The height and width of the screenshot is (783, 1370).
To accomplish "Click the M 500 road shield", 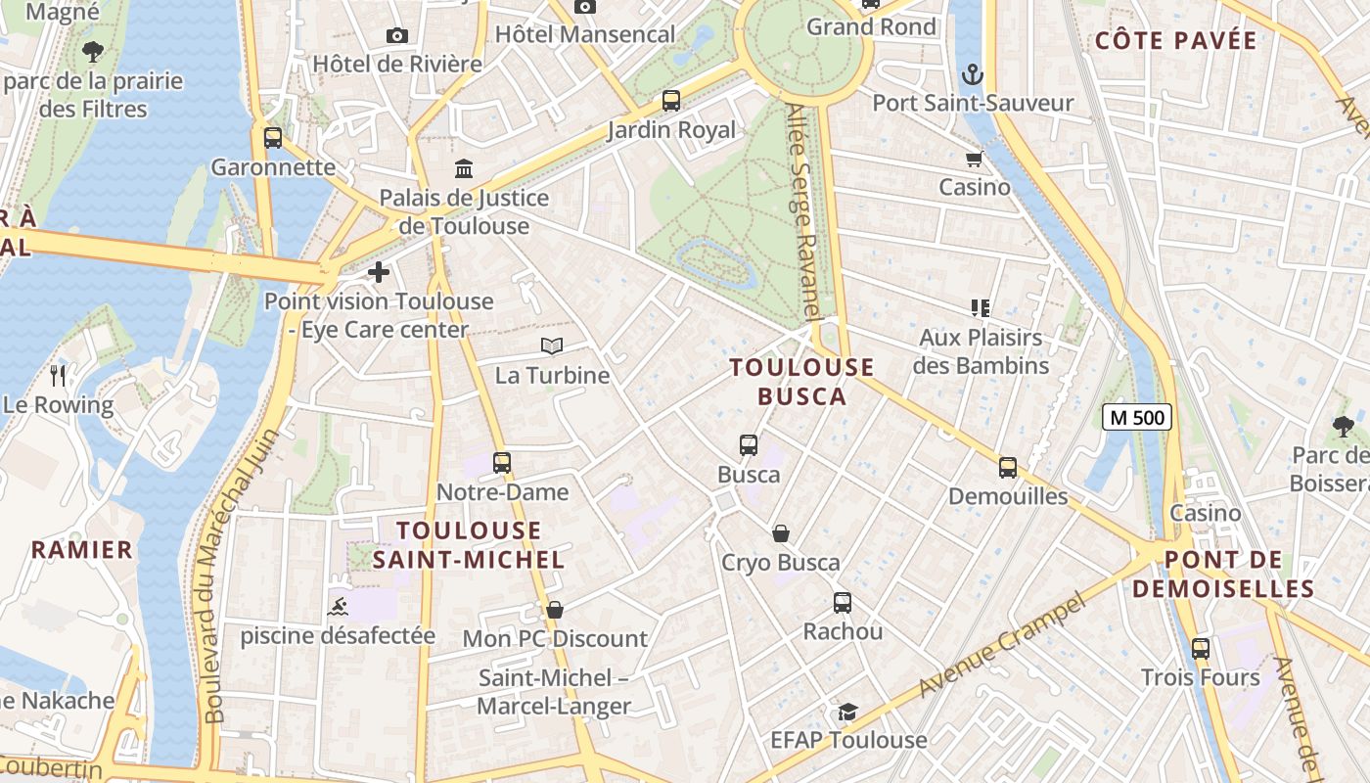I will pyautogui.click(x=1137, y=417).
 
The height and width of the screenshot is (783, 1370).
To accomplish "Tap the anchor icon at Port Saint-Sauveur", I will pyautogui.click(x=972, y=73).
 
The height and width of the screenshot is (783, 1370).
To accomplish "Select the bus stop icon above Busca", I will pyautogui.click(x=749, y=445).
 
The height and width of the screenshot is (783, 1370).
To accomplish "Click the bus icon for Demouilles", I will pyautogui.click(x=1008, y=467).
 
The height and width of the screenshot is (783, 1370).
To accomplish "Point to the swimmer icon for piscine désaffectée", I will pyautogui.click(x=338, y=606).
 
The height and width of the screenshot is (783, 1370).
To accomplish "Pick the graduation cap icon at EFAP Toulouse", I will pyautogui.click(x=847, y=712).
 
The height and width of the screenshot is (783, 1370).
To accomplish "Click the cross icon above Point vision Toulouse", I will pyautogui.click(x=379, y=272).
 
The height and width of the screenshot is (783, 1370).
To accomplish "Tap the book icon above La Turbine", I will pyautogui.click(x=552, y=345).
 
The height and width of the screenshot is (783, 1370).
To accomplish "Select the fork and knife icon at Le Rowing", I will pyautogui.click(x=58, y=375).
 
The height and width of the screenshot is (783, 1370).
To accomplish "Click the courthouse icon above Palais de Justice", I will pyautogui.click(x=464, y=168).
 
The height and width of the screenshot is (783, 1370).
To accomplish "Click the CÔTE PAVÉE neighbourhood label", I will pyautogui.click(x=1175, y=40).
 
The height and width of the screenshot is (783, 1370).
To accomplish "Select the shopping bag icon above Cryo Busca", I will pyautogui.click(x=781, y=533).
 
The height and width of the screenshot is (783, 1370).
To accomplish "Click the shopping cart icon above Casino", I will pyautogui.click(x=974, y=159).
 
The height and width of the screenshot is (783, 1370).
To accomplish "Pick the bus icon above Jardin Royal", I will pyautogui.click(x=671, y=100).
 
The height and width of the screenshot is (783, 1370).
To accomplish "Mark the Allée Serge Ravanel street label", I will pyautogui.click(x=802, y=210).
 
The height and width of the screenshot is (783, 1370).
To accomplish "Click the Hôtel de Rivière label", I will pyautogui.click(x=397, y=64).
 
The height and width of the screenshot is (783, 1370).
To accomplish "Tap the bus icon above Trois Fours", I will pyautogui.click(x=1201, y=648).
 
